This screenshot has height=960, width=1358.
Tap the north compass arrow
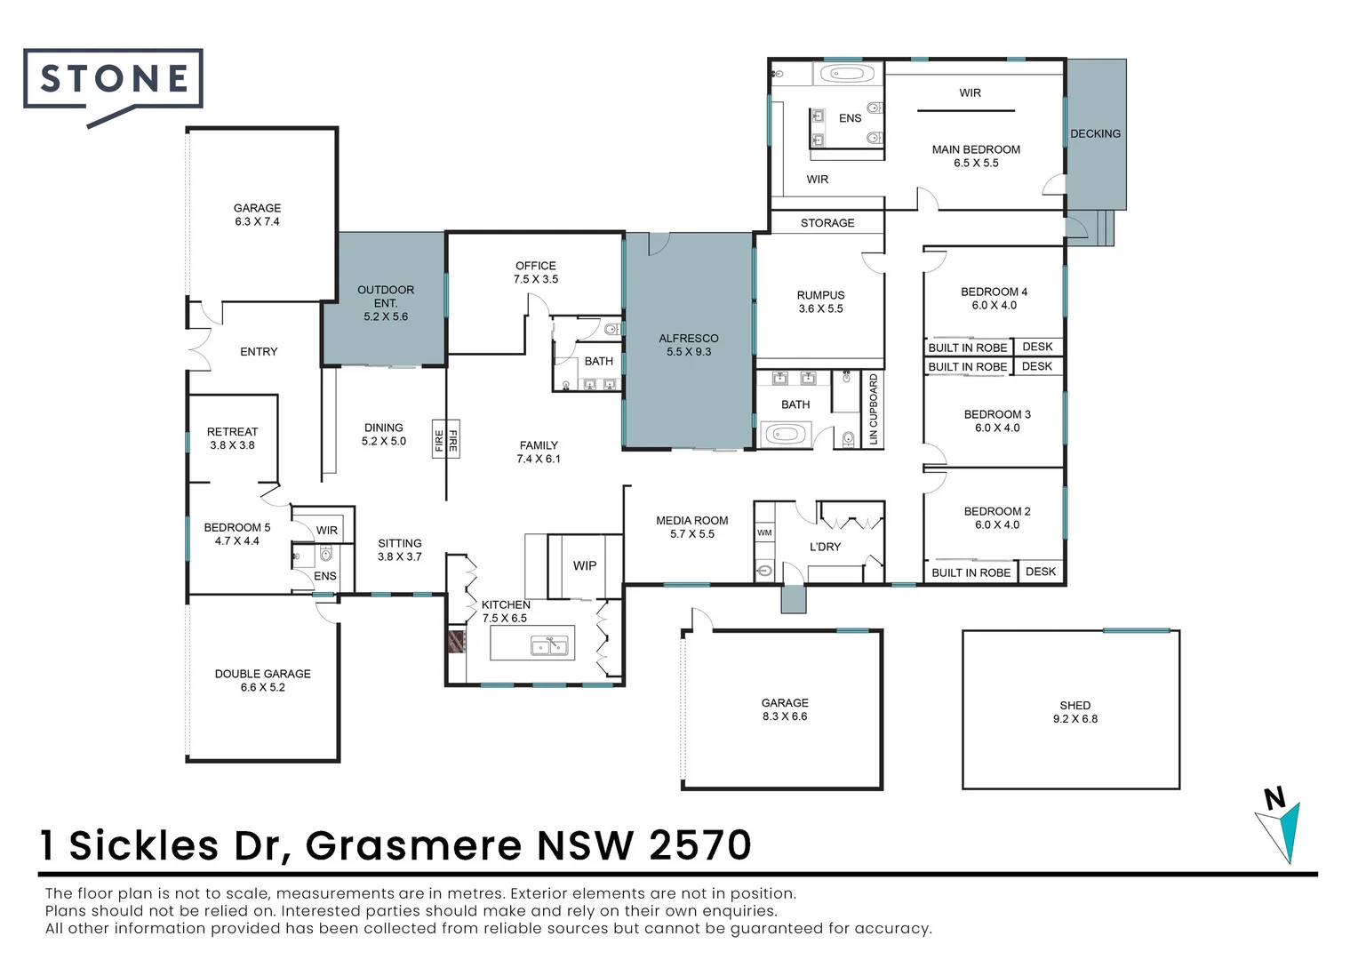tap(1281, 827)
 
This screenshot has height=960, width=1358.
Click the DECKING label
tap(1095, 133)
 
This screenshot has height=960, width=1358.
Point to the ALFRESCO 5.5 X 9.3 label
tap(689, 345)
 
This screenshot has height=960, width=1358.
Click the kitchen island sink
tap(549, 645)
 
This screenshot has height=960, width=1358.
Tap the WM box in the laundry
tap(764, 533)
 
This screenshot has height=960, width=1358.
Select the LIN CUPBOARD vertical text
tap(873, 410)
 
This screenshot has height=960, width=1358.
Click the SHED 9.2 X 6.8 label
tap(1074, 712)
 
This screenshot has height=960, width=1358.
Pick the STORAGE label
tap(827, 223)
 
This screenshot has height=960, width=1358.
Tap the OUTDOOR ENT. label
tap(386, 303)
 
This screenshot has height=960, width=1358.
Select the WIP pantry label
tap(585, 565)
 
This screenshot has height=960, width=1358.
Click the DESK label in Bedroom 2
tap(1040, 572)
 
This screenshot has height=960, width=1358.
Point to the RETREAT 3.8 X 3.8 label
tap(232, 438)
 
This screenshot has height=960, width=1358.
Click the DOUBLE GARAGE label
tap(262, 680)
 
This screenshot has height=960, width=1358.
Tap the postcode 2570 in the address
tap(700, 845)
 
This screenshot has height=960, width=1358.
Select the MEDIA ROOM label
tap(691, 527)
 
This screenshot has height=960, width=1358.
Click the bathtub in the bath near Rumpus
tap(785, 435)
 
